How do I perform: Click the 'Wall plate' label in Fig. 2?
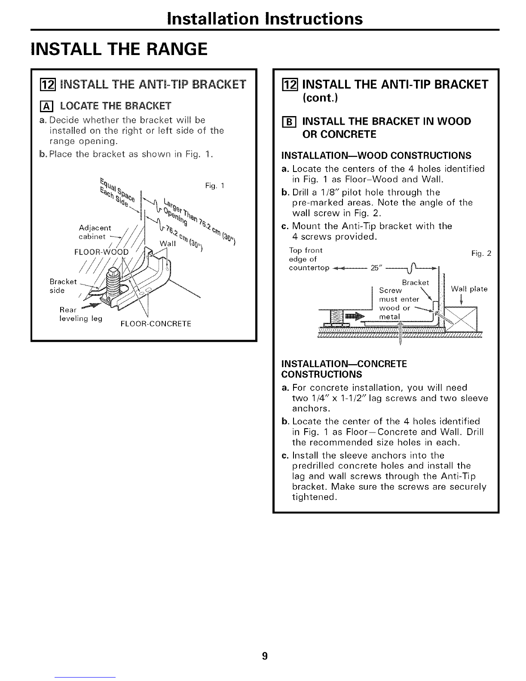[x=469, y=289]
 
